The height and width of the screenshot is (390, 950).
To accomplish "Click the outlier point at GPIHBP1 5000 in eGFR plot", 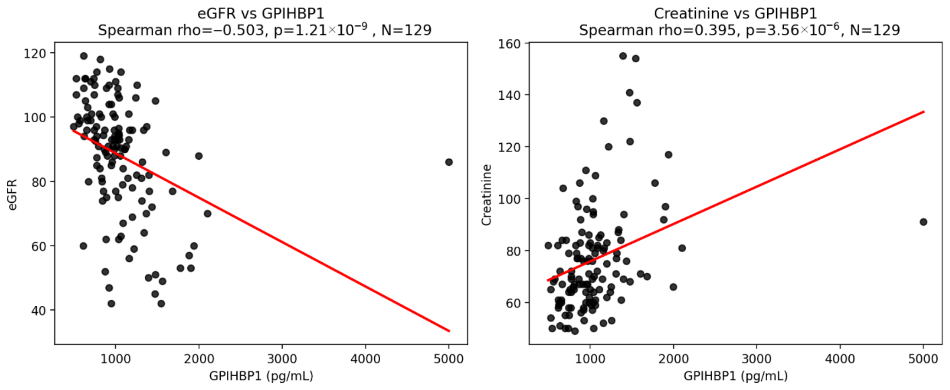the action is (x=449, y=162).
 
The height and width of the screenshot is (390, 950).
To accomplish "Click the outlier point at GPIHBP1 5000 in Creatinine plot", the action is (x=923, y=222).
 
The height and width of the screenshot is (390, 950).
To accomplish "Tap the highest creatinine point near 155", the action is (x=623, y=56).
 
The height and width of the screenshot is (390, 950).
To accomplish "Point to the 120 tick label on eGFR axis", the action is (x=35, y=54).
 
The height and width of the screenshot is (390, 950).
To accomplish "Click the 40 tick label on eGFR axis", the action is (x=38, y=310).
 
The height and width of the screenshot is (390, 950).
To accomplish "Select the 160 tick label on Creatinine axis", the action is (x=509, y=43).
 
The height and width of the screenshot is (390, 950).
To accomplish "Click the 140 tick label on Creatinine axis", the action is (x=509, y=95).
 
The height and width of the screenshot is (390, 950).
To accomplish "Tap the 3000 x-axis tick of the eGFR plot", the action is (x=282, y=359).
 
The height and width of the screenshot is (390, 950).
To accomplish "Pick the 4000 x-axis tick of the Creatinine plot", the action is (x=840, y=359).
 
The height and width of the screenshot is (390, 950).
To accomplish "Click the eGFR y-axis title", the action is (x=13, y=195).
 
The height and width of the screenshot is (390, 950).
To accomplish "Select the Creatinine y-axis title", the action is (x=486, y=195).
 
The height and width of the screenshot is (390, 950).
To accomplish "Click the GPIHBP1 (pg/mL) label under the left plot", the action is (x=261, y=376).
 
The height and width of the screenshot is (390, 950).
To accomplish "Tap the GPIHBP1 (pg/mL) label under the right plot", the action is (x=736, y=376).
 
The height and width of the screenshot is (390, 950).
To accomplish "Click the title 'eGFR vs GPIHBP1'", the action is (x=261, y=13).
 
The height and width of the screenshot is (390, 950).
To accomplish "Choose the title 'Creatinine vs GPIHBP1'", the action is (x=736, y=13).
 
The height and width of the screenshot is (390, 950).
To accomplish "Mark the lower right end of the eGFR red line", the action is (x=449, y=331).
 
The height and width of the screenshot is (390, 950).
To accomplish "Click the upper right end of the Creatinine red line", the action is (x=924, y=111).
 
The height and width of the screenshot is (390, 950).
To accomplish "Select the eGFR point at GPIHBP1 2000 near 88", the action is (x=199, y=156).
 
